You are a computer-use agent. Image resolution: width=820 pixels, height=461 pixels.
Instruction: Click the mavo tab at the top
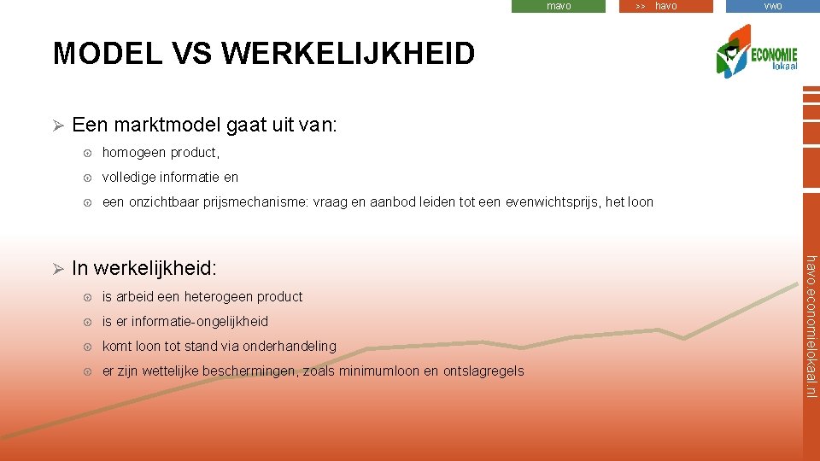pos(559,6)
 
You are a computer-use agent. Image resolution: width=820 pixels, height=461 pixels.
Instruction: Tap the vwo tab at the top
pos(772,6)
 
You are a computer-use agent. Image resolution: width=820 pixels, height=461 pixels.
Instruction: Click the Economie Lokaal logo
pos(757,53)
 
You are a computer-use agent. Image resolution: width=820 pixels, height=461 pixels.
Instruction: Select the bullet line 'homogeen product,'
pos(161,153)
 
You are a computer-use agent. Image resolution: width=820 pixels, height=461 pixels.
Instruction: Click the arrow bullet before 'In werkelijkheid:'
pos(58,269)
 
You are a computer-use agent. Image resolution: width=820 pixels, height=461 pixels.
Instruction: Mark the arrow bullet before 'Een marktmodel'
pos(58,126)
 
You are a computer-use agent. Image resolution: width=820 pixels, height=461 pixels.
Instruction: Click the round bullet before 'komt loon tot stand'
pos(87,347)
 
